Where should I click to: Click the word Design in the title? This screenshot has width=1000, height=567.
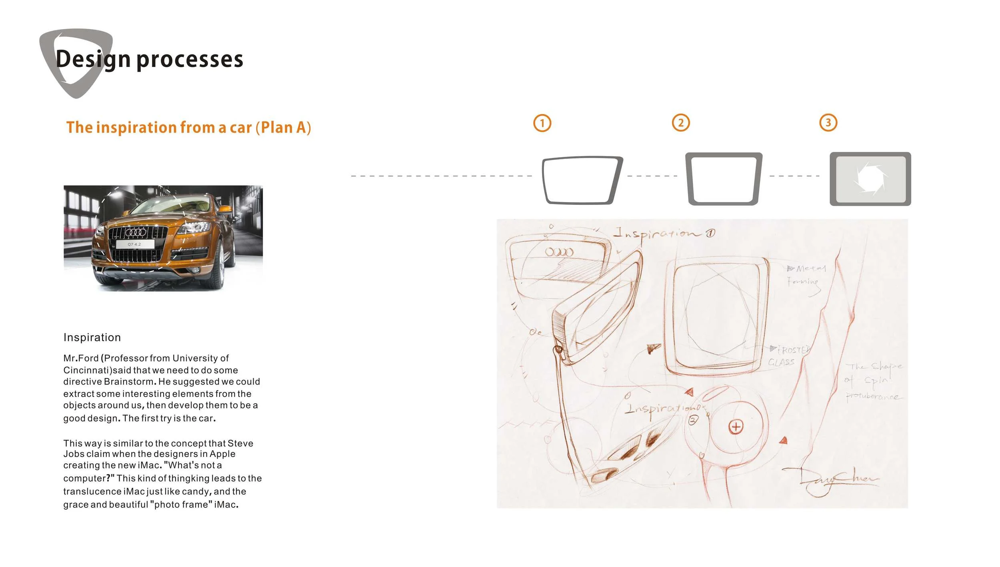(x=93, y=59)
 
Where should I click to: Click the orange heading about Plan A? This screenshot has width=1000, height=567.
(x=188, y=127)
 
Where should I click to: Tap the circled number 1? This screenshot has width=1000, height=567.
(x=542, y=123)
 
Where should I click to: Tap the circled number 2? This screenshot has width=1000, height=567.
(x=681, y=123)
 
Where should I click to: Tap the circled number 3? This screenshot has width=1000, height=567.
(x=828, y=123)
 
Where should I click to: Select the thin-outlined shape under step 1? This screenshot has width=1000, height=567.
(x=582, y=180)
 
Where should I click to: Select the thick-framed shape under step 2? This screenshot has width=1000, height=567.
(x=724, y=179)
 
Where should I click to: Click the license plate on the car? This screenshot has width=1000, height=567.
(x=134, y=244)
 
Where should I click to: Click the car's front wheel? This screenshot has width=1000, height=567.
(x=219, y=266)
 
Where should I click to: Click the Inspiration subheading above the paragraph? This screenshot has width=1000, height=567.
(x=92, y=337)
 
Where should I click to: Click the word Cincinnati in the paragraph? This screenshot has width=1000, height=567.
(x=87, y=370)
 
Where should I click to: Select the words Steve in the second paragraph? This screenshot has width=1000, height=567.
(x=240, y=443)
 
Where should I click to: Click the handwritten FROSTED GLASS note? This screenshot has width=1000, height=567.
(x=788, y=355)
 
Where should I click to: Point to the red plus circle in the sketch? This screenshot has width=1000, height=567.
(x=736, y=427)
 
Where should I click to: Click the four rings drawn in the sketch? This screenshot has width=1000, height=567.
(x=559, y=252)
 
